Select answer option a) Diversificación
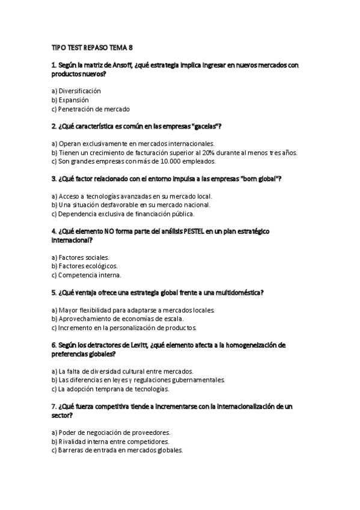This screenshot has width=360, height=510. (76, 91)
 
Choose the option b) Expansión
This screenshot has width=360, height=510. (70, 100)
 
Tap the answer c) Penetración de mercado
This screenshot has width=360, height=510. (91, 109)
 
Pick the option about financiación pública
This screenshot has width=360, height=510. (123, 214)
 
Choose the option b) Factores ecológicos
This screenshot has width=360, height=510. (84, 266)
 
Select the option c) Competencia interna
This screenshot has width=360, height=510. (87, 275)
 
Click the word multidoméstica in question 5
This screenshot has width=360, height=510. (237, 292)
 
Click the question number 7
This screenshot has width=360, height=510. (54, 407)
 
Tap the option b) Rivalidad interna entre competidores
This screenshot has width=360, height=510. (110, 441)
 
